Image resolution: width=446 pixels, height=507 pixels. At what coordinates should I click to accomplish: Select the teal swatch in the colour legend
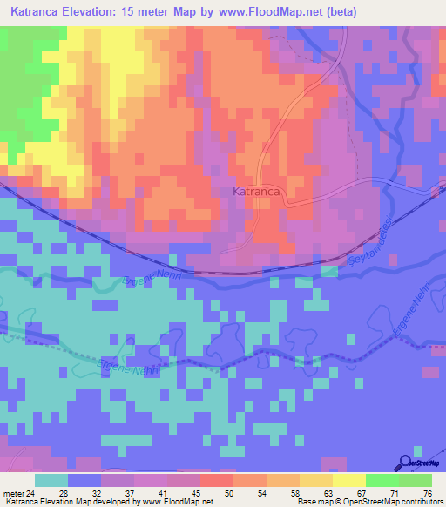coord(51,480)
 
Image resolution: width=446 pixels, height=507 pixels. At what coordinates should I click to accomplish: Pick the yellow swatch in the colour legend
coord(348,480)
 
